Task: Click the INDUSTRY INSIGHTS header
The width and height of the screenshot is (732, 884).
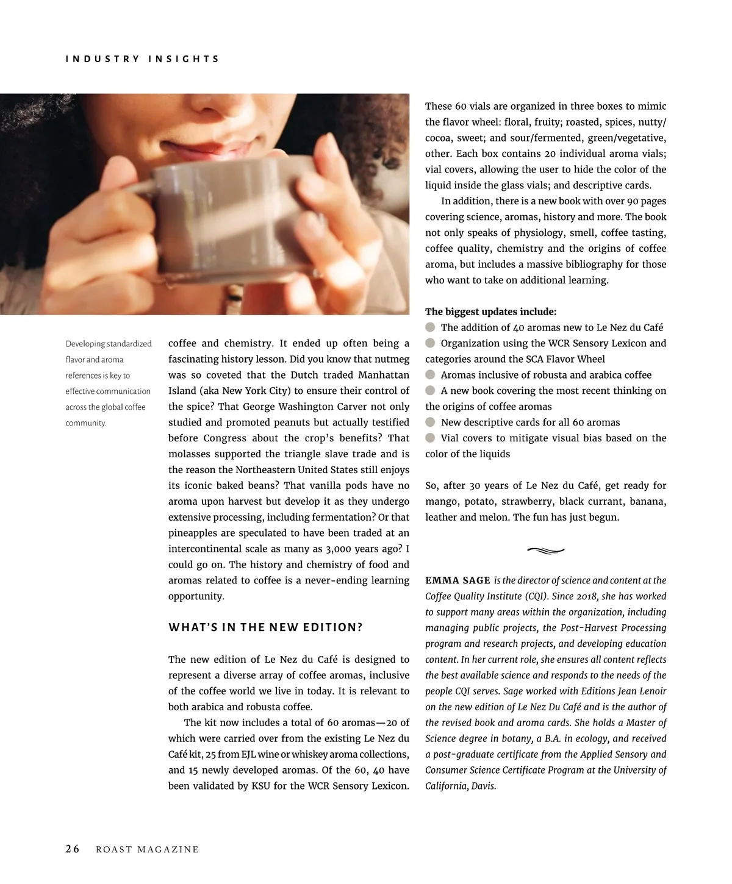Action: tap(142, 59)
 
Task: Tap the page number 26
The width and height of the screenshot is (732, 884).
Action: tap(73, 849)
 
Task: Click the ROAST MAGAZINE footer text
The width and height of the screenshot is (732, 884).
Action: tap(147, 850)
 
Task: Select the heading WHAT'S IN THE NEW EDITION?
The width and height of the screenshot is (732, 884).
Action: tap(265, 627)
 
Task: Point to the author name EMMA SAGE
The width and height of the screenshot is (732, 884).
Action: tap(457, 580)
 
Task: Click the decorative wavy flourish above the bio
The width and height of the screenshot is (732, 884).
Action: tap(545, 551)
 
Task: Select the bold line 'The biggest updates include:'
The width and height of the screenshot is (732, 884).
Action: tap(490, 312)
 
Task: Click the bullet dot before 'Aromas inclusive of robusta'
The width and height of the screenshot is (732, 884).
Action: tap(431, 375)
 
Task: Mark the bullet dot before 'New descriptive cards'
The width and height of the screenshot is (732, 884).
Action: tap(431, 422)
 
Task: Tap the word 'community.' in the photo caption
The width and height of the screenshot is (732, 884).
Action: tap(85, 423)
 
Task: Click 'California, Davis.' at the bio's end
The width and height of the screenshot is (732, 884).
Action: tap(461, 786)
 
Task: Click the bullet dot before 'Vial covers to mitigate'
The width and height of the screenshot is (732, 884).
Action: tap(431, 438)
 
